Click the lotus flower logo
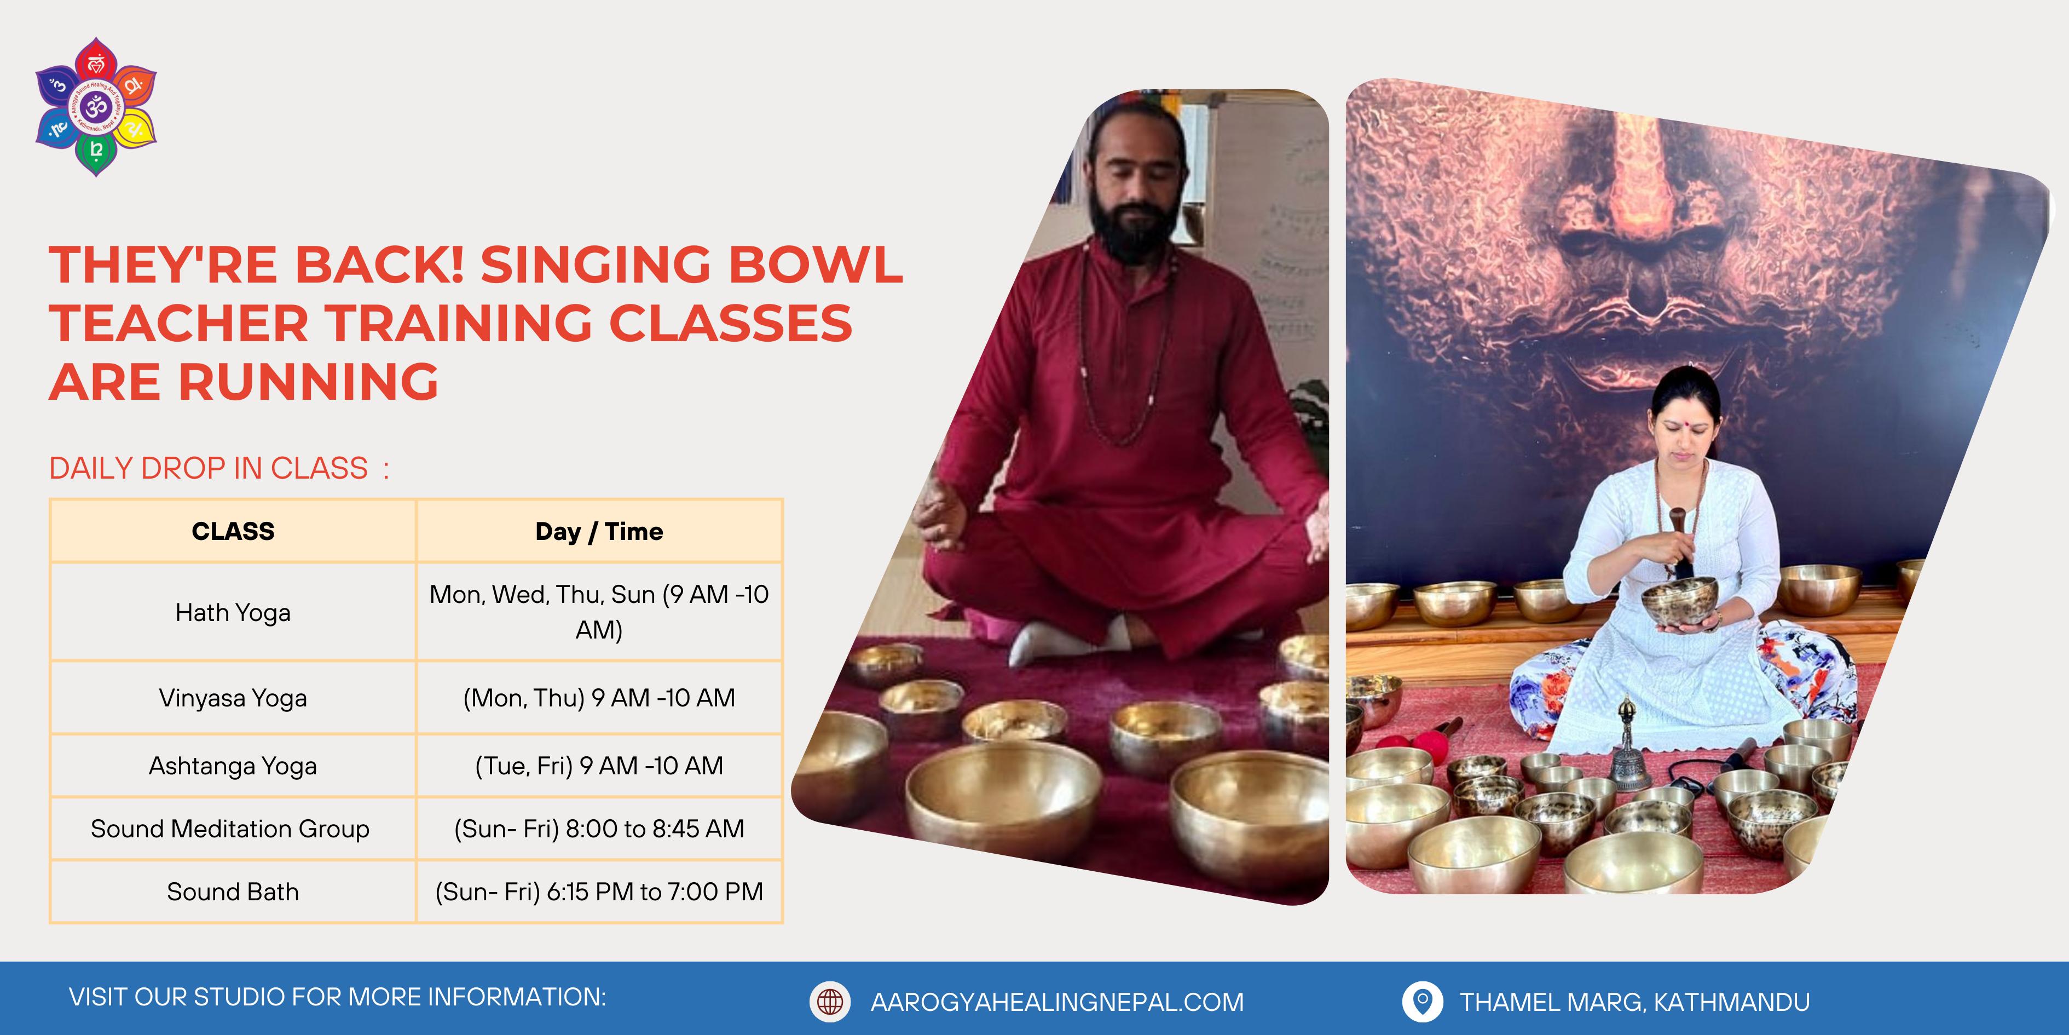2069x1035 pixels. tap(96, 106)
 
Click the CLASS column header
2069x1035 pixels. tap(233, 531)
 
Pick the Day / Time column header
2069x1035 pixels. tap(599, 531)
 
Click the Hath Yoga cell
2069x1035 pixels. tap(233, 612)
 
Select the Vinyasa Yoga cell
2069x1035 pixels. tap(233, 698)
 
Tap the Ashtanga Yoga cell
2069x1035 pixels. tap(233, 766)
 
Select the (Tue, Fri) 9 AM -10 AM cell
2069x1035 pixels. tap(599, 766)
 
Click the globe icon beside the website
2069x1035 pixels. tap(830, 1001)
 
